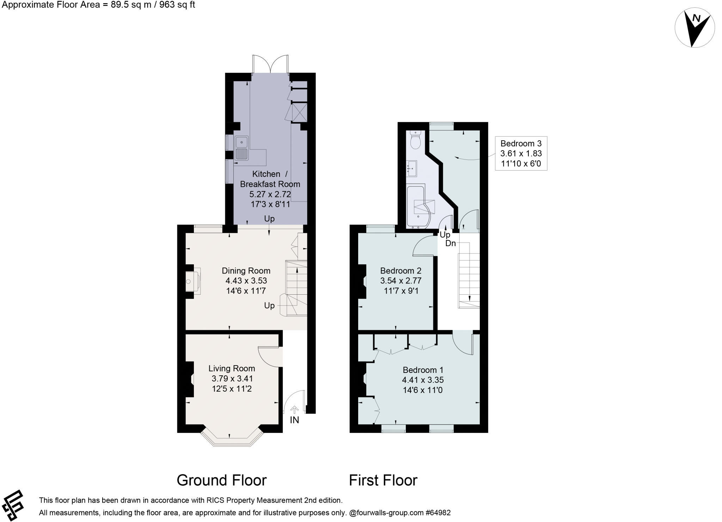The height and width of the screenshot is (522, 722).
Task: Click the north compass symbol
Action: pyautogui.click(x=695, y=28)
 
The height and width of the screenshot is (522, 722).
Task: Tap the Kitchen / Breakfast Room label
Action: pyautogui.click(x=270, y=179)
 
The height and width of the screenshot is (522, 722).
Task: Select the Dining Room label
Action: pyautogui.click(x=246, y=271)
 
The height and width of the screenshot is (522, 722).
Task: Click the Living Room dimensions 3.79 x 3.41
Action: pyautogui.click(x=232, y=379)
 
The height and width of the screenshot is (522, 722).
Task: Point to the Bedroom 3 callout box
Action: pyautogui.click(x=521, y=153)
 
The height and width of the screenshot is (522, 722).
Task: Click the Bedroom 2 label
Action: pyautogui.click(x=401, y=271)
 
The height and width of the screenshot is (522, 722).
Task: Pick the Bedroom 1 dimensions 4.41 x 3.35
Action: pyautogui.click(x=423, y=380)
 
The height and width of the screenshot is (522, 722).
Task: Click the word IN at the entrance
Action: pyautogui.click(x=294, y=420)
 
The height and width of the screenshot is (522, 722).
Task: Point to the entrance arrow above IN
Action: pyautogui.click(x=294, y=410)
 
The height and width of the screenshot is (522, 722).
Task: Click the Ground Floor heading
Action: pyautogui.click(x=222, y=480)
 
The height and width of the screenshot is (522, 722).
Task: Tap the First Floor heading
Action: pyautogui.click(x=383, y=480)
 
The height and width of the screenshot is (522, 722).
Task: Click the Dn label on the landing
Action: pyautogui.click(x=451, y=243)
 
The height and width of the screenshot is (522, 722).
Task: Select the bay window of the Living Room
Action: pyautogui.click(x=232, y=439)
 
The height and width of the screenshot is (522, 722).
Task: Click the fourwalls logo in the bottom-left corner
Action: pyautogui.click(x=13, y=505)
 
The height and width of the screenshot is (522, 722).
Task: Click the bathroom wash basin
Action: pyautogui.click(x=412, y=168)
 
